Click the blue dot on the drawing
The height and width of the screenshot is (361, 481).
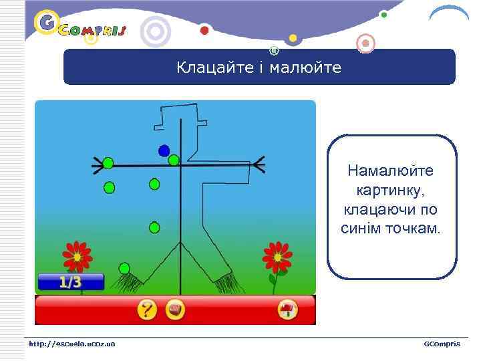[164, 151]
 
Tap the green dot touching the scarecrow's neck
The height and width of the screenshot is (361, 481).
[174, 160]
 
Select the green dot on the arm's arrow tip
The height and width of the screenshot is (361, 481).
[108, 163]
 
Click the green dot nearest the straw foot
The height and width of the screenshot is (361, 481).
[124, 268]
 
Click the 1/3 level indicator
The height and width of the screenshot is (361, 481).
[70, 282]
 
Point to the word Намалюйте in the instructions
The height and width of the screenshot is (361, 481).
[390, 171]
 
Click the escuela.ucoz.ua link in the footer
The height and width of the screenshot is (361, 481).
[71, 344]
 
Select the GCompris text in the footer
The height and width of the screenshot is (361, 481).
[442, 344]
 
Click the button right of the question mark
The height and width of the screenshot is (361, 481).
[175, 310]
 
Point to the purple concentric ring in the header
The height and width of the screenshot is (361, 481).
[156, 31]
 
